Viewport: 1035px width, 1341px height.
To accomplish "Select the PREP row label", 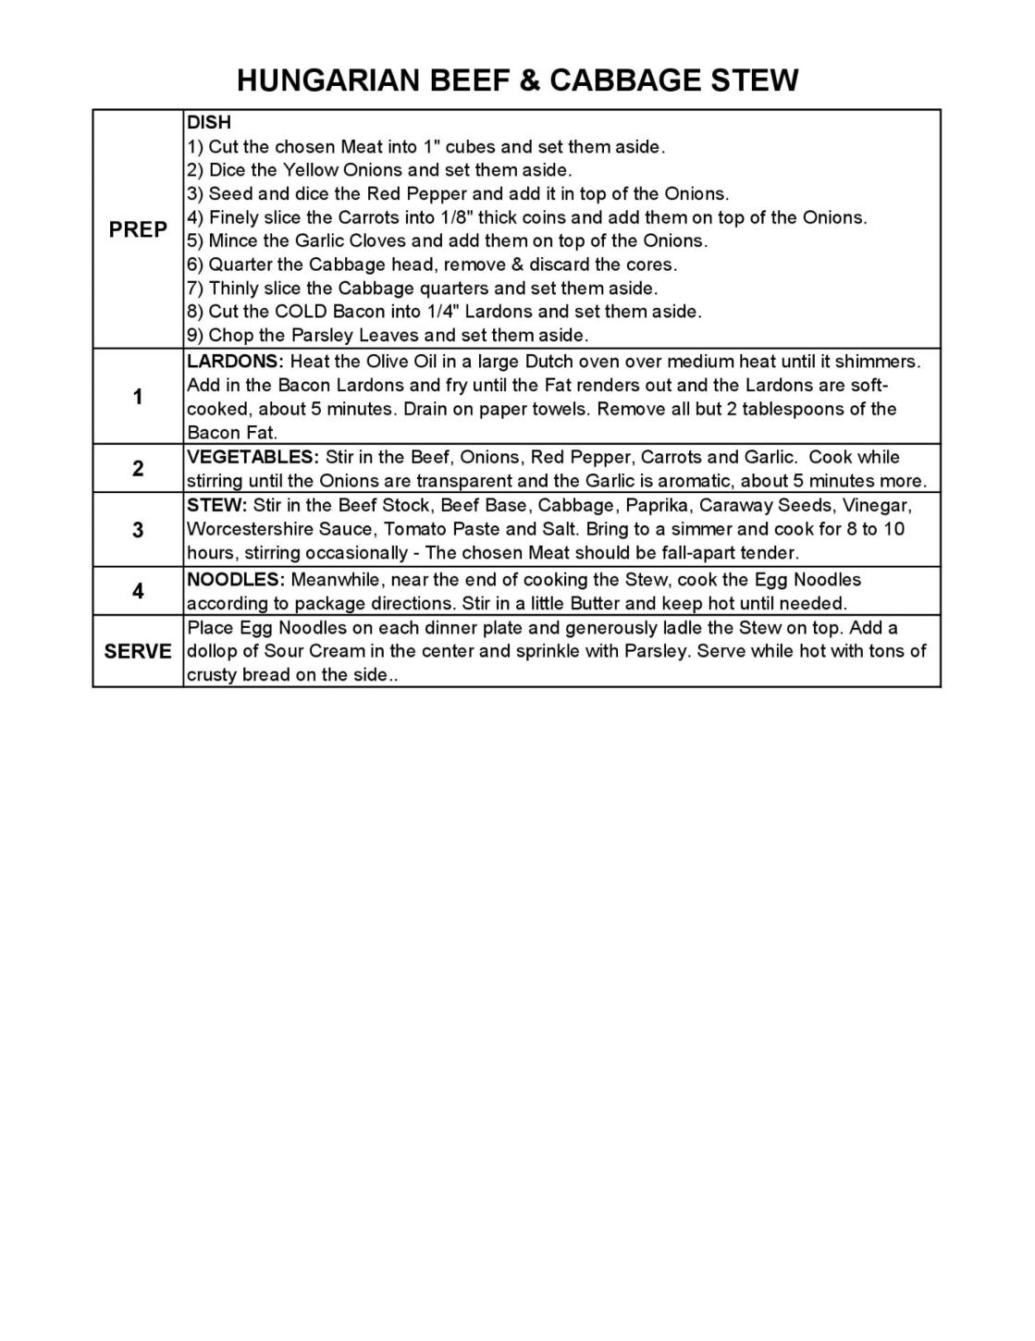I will (138, 229).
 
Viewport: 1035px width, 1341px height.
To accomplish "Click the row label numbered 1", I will (138, 398).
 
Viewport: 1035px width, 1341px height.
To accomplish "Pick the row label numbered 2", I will (138, 469).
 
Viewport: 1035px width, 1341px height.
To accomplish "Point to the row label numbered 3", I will (138, 530).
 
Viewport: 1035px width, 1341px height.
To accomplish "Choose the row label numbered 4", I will (138, 591).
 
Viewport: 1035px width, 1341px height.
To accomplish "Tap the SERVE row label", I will (138, 651).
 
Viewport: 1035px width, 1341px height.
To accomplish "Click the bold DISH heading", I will (209, 123).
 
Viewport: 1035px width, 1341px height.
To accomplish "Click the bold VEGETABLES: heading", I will (253, 457).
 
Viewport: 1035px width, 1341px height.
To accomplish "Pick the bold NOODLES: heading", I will (235, 580).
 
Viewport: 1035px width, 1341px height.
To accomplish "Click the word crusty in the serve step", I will (212, 675).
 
